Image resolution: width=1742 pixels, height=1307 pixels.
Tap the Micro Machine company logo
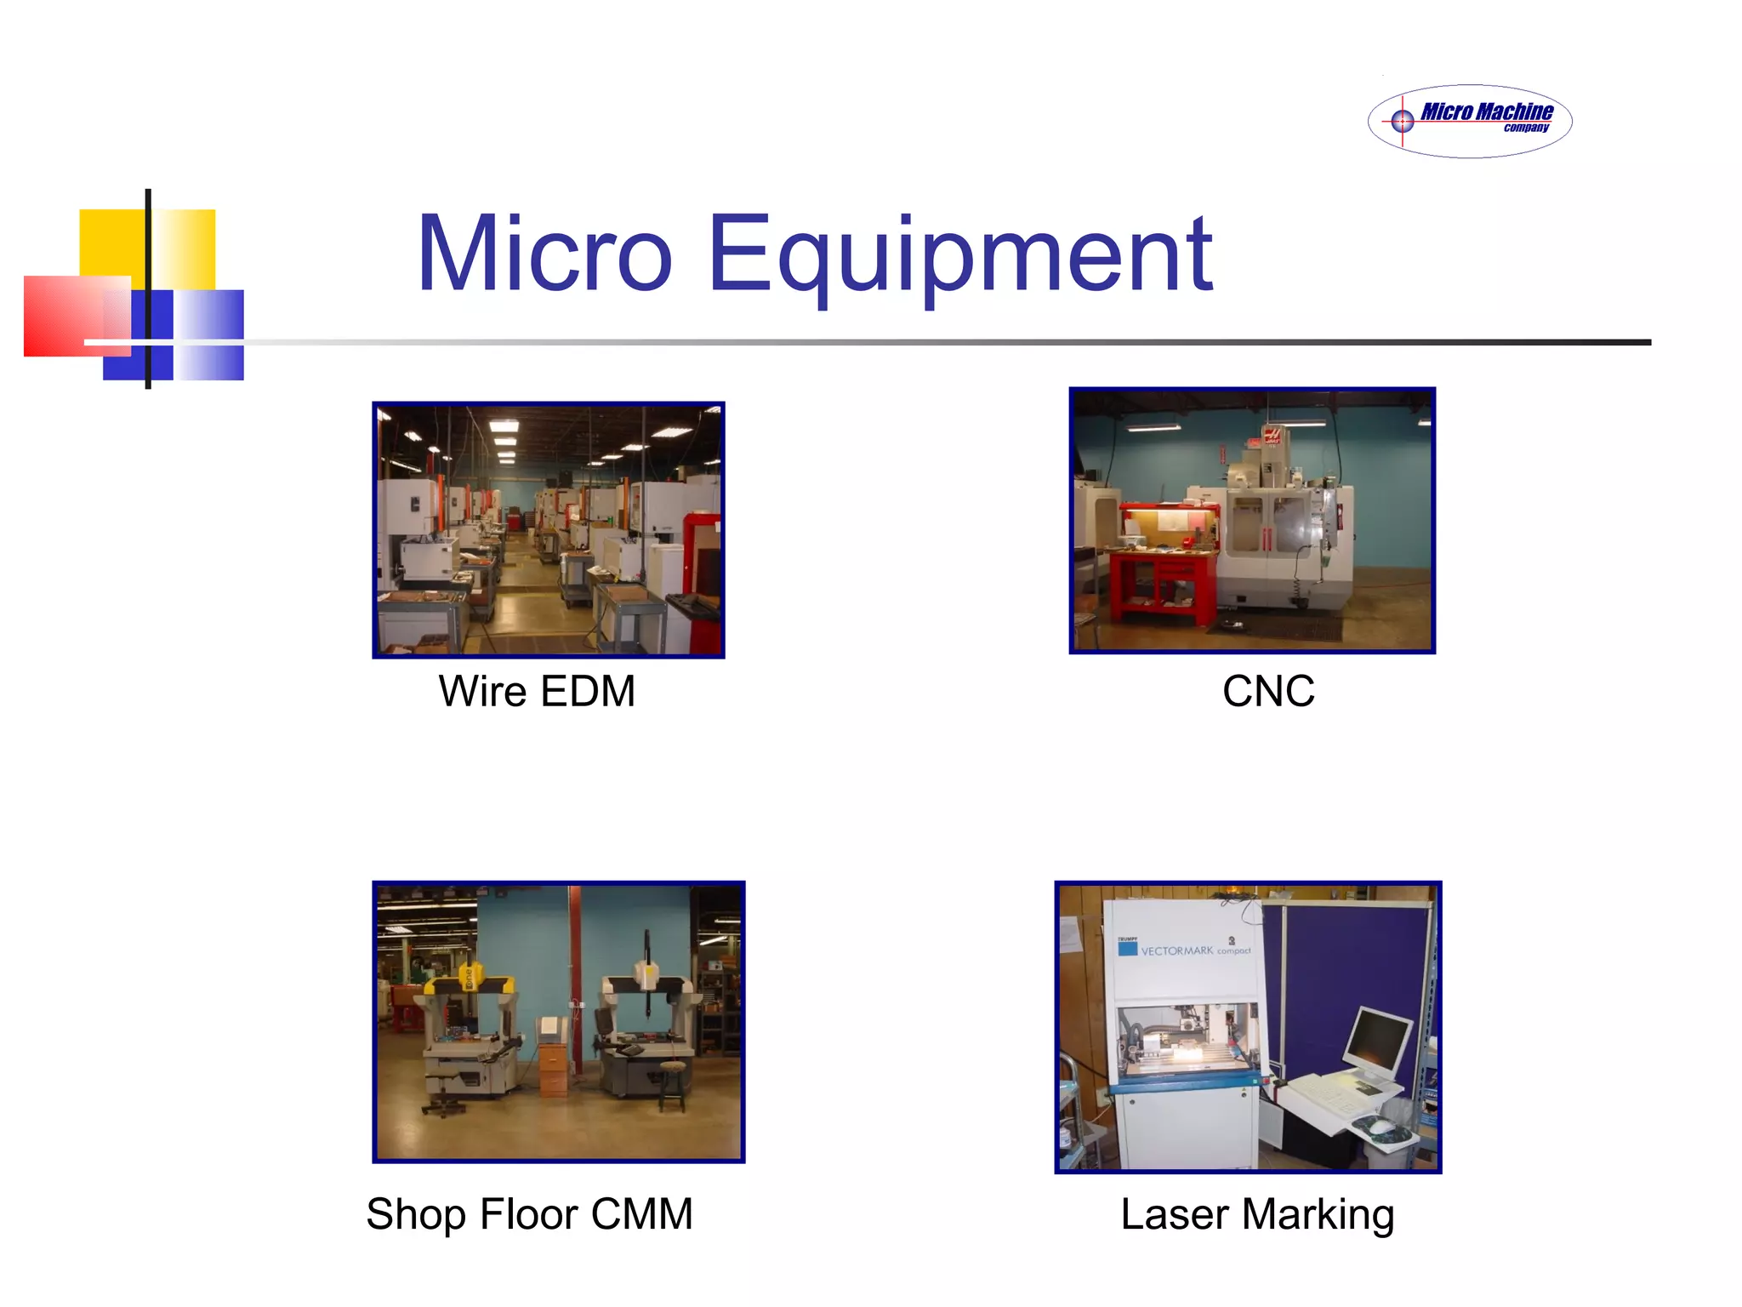click(x=1470, y=121)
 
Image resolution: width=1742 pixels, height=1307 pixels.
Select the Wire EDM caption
click(x=537, y=691)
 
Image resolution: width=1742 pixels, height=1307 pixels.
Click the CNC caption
click(x=1268, y=691)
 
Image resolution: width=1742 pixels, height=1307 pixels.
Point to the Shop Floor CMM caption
click(x=529, y=1213)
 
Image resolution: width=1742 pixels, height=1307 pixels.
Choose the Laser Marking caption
click(x=1257, y=1213)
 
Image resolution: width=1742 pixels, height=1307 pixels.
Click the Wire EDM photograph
click(x=549, y=529)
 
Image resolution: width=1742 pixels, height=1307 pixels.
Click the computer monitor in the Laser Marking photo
click(x=1376, y=1042)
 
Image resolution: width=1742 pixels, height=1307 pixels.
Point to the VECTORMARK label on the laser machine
click(x=1177, y=950)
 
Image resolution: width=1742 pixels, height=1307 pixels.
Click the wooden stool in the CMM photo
click(x=671, y=1085)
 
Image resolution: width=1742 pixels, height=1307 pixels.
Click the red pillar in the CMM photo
click(x=576, y=962)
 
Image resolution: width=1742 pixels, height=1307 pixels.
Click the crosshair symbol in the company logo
click(x=1403, y=122)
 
